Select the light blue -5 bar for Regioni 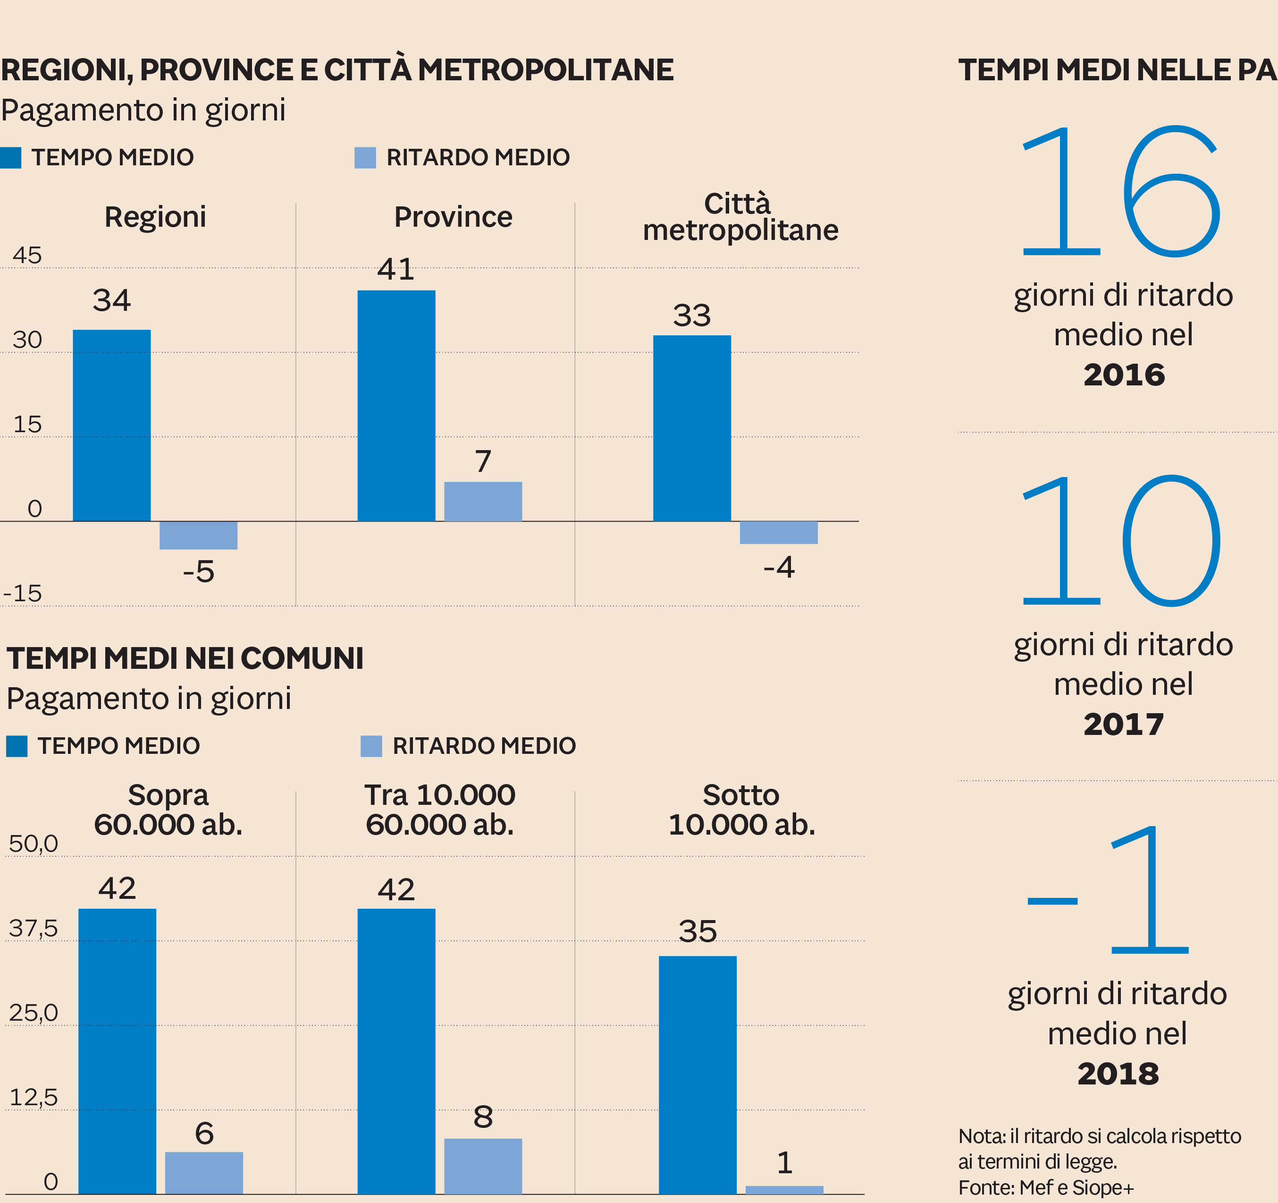pyautogui.click(x=198, y=535)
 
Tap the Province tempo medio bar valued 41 pyautogui.click(x=396, y=405)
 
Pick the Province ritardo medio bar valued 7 pyautogui.click(x=483, y=501)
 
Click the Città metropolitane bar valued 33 pyautogui.click(x=692, y=428)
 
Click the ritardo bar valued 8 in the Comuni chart pyautogui.click(x=483, y=1166)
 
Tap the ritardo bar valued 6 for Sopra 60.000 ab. pyautogui.click(x=204, y=1172)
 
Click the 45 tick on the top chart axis pyautogui.click(x=27, y=256)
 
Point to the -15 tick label pyautogui.click(x=23, y=593)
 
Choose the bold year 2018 pyautogui.click(x=1118, y=1074)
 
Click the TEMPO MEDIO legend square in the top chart pyautogui.click(x=10, y=158)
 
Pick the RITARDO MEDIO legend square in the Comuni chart pyautogui.click(x=371, y=746)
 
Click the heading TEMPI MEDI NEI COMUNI pyautogui.click(x=185, y=658)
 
